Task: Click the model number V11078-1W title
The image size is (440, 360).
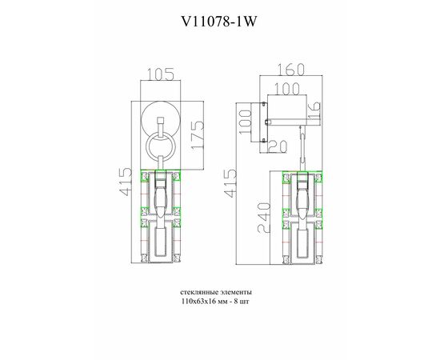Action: pos(219,21)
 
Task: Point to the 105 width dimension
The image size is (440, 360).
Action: pos(161,74)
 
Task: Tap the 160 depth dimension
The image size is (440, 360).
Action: pos(290,70)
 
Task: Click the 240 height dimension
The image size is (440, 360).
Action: pos(264,218)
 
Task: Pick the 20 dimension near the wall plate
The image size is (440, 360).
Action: pos(278,146)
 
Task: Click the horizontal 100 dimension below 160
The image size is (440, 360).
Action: pos(286,89)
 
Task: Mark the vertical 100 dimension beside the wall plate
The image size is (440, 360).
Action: pos(246,122)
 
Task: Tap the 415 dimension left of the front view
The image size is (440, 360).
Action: pos(125,182)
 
